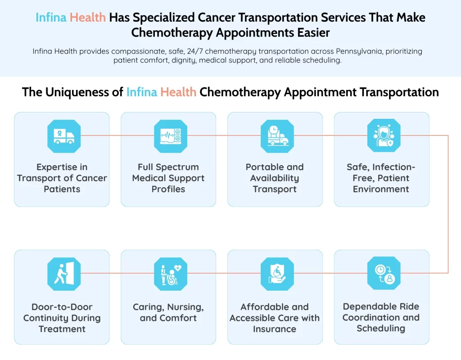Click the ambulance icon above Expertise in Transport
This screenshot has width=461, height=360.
tap(64, 135)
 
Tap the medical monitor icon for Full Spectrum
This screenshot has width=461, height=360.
tap(171, 135)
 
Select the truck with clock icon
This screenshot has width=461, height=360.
tap(277, 135)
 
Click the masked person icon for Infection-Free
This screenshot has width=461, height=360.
tap(384, 135)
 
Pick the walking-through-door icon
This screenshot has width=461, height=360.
tap(64, 274)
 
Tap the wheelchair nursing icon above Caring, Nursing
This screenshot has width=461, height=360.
tap(171, 274)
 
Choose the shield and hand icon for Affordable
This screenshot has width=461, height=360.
tap(277, 274)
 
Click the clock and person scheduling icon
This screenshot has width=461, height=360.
tap(384, 274)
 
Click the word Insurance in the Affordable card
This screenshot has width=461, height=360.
tap(275, 329)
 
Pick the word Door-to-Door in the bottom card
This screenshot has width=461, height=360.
tap(62, 307)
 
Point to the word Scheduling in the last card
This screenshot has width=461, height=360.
tap(381, 328)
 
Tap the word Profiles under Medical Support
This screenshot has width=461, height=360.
tap(168, 189)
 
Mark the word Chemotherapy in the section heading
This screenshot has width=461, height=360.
tap(240, 92)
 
